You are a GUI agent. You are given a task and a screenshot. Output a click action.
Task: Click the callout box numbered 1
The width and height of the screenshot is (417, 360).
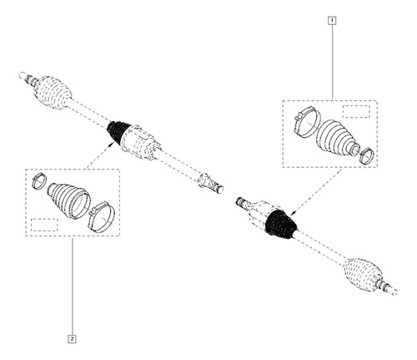(332, 20)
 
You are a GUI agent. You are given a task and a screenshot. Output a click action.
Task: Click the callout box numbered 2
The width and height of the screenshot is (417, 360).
(72, 339)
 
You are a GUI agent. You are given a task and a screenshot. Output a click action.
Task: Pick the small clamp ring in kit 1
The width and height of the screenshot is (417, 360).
(366, 156)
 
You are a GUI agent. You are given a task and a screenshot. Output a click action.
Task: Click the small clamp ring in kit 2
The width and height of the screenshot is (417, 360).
(38, 180)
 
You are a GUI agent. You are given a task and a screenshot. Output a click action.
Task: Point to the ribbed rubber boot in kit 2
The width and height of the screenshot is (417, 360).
(68, 199)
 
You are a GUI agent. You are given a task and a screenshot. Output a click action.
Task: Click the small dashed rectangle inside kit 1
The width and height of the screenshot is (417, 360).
(356, 112)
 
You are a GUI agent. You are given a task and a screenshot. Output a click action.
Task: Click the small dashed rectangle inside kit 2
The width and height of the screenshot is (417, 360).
(44, 225)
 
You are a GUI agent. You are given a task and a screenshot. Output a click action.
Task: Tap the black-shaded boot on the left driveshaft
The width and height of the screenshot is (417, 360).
(118, 131)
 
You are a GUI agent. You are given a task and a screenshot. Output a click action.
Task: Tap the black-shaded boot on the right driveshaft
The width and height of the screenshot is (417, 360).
(281, 224)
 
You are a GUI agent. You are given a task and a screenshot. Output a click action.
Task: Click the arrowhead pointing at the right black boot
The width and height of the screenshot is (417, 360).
(293, 213)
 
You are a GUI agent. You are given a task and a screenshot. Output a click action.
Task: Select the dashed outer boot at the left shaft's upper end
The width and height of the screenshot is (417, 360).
(53, 92)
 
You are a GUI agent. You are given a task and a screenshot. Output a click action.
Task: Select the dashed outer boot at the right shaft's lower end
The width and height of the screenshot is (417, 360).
(362, 275)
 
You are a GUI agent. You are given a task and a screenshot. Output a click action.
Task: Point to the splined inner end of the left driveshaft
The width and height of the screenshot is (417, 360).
(211, 183)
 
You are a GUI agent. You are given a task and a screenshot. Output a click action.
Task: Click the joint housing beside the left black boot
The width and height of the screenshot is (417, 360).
(140, 142)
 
